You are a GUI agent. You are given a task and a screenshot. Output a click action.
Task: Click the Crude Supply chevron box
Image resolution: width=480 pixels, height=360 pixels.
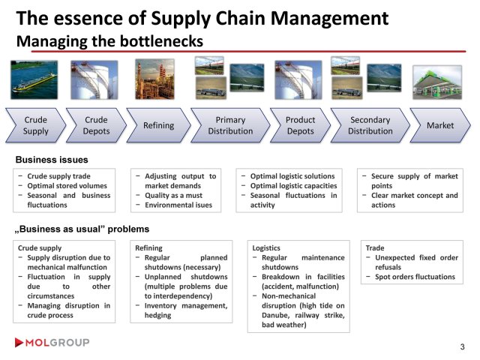tap(35, 125)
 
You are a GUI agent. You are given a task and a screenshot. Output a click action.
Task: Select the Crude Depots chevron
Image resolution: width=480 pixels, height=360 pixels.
tap(95, 125)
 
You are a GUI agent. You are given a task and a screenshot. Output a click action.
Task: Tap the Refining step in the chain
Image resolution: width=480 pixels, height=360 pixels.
tap(158, 125)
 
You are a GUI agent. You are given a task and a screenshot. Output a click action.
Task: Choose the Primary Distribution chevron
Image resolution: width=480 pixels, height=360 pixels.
tap(229, 125)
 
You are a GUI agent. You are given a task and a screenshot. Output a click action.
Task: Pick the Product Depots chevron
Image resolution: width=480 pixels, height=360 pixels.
tap(300, 125)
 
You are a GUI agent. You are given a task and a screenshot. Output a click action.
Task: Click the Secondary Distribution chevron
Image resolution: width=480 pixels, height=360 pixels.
tap(370, 125)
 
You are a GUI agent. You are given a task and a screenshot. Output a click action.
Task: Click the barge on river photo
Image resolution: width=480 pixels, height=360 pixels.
tap(34, 79)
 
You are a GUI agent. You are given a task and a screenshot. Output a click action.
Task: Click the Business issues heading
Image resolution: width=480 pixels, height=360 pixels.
tap(52, 160)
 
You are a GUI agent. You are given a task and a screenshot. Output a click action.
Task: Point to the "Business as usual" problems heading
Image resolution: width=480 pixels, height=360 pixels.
tap(82, 229)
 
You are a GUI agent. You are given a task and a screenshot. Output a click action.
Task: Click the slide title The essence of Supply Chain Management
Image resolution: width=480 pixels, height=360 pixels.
tap(202, 18)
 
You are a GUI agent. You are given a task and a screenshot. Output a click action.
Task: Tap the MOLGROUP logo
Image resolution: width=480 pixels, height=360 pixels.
tap(52, 343)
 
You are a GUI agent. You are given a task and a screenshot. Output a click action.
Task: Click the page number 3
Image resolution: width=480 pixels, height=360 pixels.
tap(462, 346)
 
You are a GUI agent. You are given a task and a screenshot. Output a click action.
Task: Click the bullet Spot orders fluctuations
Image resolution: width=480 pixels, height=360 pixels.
tap(414, 277)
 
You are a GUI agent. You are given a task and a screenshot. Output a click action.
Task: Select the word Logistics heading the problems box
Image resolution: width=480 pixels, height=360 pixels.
tap(266, 247)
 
